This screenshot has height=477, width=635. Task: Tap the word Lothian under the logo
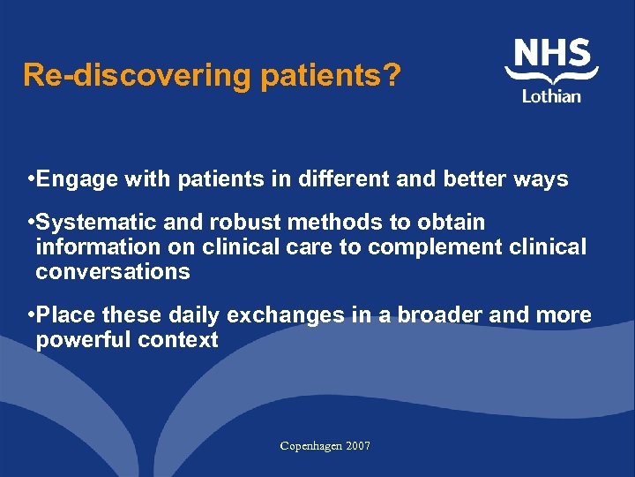tap(551, 95)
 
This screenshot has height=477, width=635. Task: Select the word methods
tap(322, 222)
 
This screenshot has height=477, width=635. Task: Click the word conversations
tap(113, 271)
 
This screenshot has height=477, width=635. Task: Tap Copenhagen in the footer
tap(310, 446)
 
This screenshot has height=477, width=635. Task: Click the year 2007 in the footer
tap(358, 446)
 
